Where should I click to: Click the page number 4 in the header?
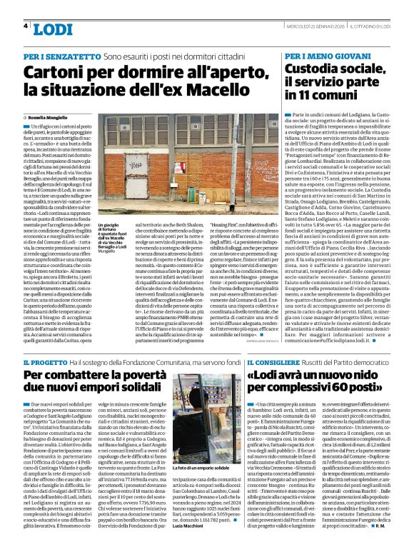pos(26,26)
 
